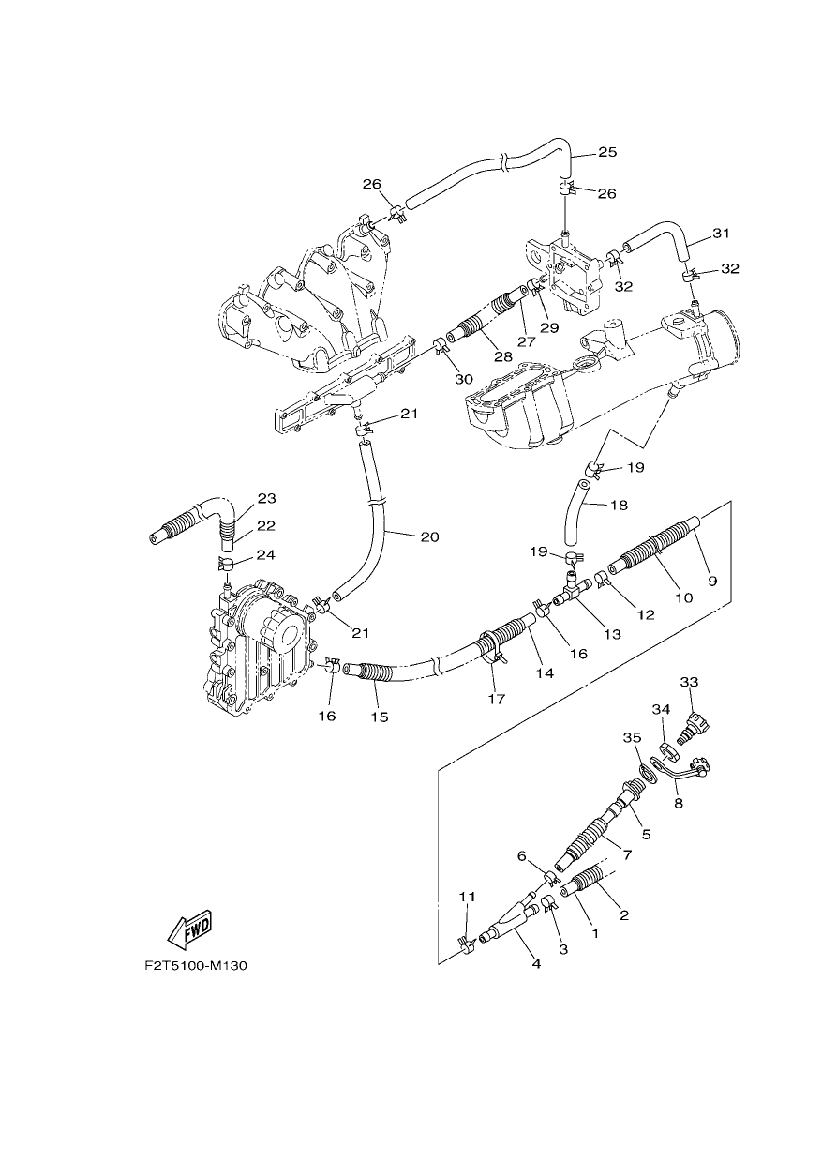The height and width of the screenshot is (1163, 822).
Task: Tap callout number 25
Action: click(x=607, y=152)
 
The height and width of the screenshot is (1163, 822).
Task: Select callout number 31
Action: click(x=721, y=234)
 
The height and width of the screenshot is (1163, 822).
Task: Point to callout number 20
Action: click(x=429, y=536)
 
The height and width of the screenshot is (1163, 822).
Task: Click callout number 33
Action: click(x=690, y=682)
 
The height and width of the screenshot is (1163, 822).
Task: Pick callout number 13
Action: click(x=612, y=634)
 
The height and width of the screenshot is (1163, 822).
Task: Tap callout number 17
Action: click(x=497, y=700)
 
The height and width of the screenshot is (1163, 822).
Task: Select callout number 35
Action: click(x=633, y=738)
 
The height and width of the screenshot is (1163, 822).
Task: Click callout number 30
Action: click(x=464, y=380)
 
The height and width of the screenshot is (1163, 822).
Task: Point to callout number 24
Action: click(x=265, y=555)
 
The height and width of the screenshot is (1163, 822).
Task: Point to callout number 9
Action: click(x=712, y=581)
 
